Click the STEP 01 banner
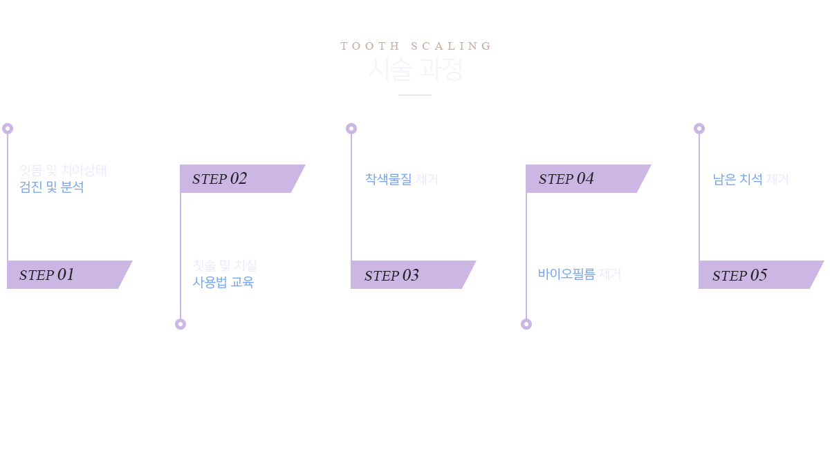[69, 274]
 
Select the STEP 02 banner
[242, 178]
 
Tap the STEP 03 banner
[413, 274]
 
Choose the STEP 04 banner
[588, 178]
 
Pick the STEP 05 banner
[760, 274]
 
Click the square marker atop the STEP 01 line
[8, 128]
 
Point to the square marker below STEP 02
[180, 323]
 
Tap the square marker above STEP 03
[351, 128]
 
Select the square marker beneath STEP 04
[526, 323]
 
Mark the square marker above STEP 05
[699, 128]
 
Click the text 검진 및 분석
[51, 187]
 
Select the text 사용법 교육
[223, 282]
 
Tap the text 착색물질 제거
[401, 180]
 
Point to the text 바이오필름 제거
[579, 274]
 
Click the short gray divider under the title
[415, 95]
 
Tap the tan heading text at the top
[415, 46]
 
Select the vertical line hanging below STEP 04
[526, 256]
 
